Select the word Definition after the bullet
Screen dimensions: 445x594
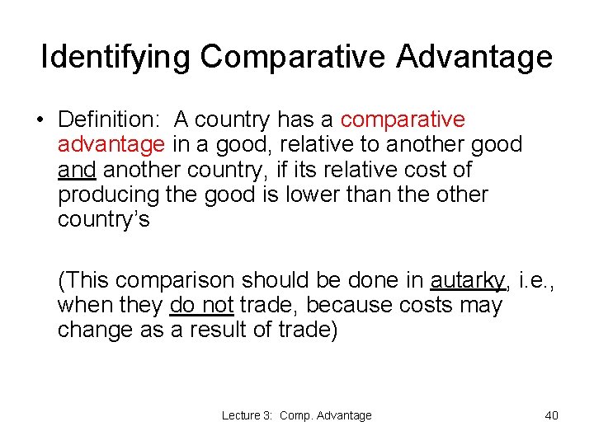(104, 120)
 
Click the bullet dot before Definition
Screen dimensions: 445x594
(40, 120)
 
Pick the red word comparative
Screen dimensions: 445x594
(403, 120)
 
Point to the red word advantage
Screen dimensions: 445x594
(111, 145)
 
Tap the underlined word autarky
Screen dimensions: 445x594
(468, 280)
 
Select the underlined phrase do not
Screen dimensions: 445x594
(201, 305)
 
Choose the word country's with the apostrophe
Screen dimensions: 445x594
(103, 220)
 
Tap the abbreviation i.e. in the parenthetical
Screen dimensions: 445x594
(534, 280)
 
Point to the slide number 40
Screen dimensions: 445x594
(551, 415)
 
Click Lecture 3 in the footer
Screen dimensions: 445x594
(247, 415)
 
